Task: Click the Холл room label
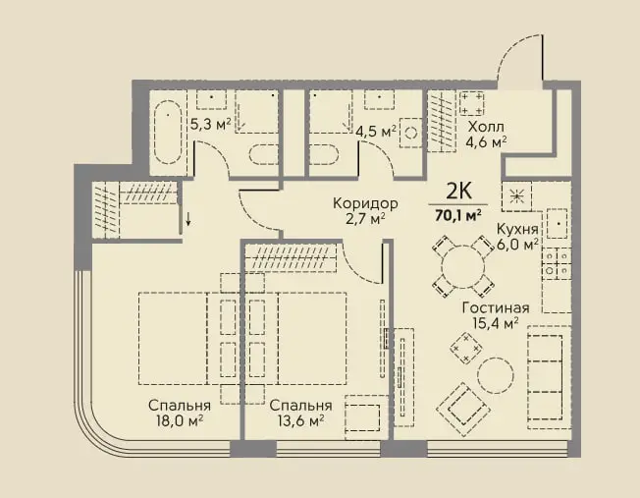coord(486,126)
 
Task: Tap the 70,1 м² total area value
coord(458,214)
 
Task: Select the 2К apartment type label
coord(458,191)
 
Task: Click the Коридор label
coord(365,203)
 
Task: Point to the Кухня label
coord(517,229)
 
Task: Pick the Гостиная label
coord(496,307)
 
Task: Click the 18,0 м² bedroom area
coord(180,420)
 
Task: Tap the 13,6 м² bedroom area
coord(300,420)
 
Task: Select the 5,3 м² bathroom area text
coord(211,124)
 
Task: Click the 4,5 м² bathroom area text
coord(376,132)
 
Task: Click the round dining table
coord(463,266)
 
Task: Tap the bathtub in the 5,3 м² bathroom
coord(168,132)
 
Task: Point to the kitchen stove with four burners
coord(556,264)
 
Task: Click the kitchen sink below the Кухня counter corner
coord(558,224)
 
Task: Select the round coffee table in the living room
coord(496,375)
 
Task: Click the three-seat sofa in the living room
coord(549,377)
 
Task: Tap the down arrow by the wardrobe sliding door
coord(188,219)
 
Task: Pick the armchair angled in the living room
coord(463,410)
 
